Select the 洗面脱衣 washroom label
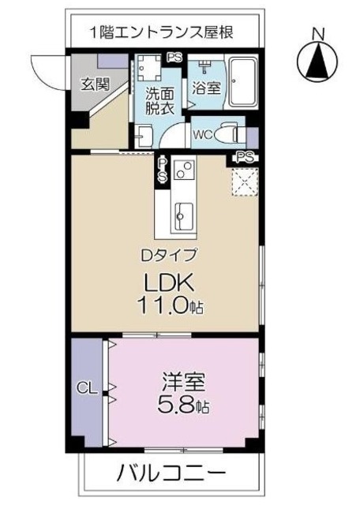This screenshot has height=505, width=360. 159,100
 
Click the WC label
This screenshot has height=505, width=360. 201,133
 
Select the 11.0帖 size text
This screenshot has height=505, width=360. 171,306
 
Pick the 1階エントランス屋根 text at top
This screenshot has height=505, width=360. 162,33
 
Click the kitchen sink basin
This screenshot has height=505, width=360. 182,213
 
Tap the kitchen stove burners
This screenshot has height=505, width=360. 183,170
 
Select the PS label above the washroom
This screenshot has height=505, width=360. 174,57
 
